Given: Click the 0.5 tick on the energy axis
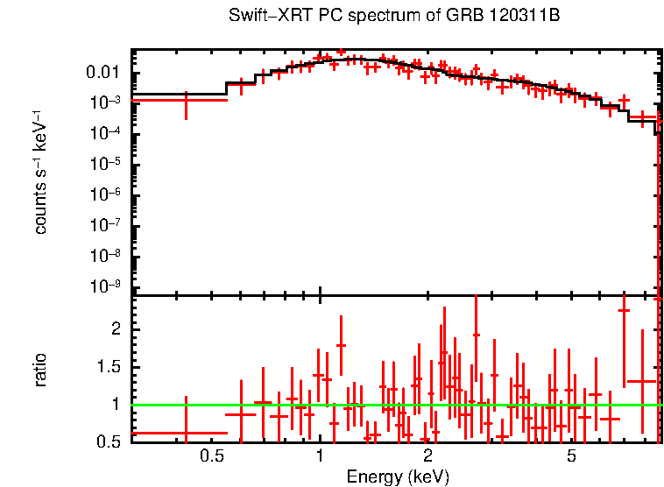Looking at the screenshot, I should click(x=212, y=456).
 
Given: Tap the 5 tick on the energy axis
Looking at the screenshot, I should click(x=570, y=456).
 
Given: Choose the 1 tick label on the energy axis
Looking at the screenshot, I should click(x=320, y=456).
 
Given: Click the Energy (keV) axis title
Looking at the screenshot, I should click(x=398, y=476).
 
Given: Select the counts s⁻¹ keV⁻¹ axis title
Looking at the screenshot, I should click(x=40, y=172).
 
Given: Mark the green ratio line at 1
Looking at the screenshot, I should click(x=394, y=405).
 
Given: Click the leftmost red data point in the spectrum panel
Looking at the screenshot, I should click(x=185, y=101).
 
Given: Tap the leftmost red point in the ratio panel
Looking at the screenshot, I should click(x=185, y=433).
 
